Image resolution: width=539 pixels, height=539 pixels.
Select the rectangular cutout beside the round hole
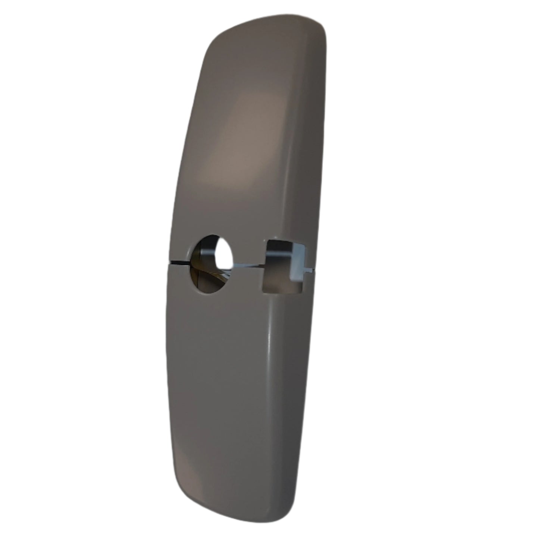(285, 265)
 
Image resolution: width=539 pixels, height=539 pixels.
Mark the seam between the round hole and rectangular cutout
(248, 266)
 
